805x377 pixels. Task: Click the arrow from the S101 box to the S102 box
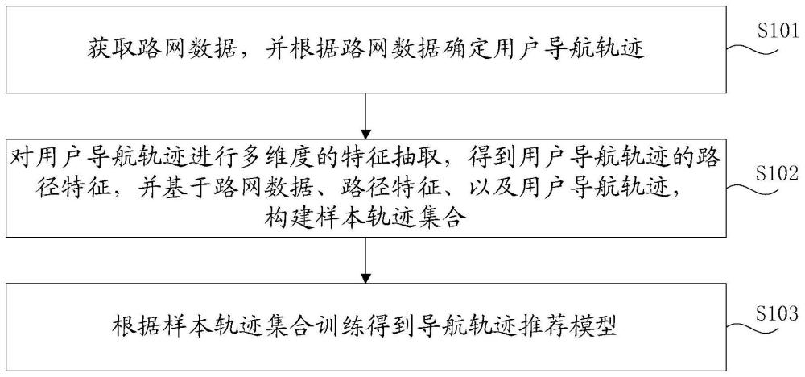point(365,116)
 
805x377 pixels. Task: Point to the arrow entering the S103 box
point(365,259)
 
